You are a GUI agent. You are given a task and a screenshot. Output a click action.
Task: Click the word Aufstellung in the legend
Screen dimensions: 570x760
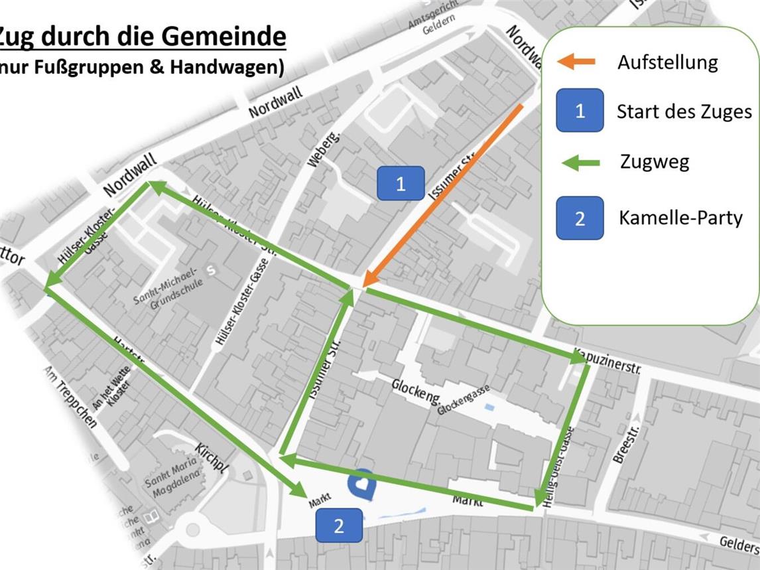pyautogui.click(x=667, y=62)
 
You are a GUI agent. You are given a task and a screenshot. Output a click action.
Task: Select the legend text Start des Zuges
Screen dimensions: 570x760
pyautogui.click(x=684, y=111)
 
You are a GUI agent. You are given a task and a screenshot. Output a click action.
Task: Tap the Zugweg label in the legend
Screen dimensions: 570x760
pyautogui.click(x=655, y=161)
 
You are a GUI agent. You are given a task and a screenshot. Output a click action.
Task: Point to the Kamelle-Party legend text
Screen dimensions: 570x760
pyautogui.click(x=680, y=218)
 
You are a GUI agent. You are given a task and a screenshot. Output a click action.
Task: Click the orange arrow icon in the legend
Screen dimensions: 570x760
pyautogui.click(x=576, y=62)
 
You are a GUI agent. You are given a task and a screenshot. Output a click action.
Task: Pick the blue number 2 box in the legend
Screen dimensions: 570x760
pyautogui.click(x=580, y=218)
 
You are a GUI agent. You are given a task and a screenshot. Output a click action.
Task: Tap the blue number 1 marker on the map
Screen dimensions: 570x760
pyautogui.click(x=401, y=183)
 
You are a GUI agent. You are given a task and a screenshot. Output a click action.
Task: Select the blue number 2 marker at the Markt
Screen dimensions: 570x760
pyautogui.click(x=339, y=526)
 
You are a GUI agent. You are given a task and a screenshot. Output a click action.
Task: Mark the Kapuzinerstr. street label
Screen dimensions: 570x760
pyautogui.click(x=607, y=360)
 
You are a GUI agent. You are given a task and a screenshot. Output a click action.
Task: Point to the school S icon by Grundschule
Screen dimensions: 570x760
pyautogui.click(x=212, y=270)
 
